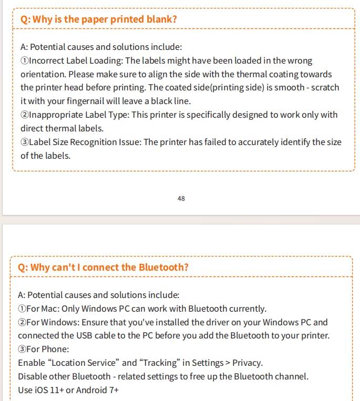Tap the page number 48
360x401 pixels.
(181, 199)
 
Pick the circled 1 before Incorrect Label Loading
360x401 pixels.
(24, 61)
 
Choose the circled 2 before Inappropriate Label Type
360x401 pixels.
(24, 115)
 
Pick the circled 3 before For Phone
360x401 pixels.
(22, 349)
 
